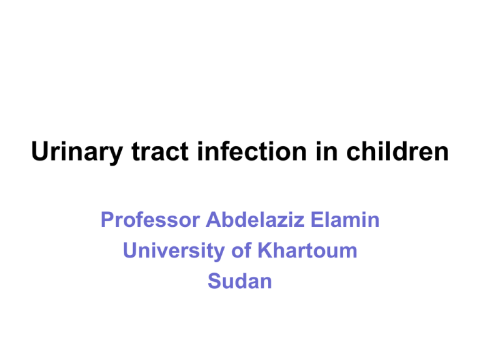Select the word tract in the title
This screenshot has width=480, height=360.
tap(160, 151)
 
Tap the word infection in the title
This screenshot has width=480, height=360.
tap(252, 151)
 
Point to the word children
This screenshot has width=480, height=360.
tap(397, 151)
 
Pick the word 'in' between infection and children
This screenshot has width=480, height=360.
tap(327, 151)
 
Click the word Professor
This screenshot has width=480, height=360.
tap(150, 220)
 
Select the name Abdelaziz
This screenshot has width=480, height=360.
tap(255, 219)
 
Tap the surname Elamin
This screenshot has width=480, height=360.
tap(345, 219)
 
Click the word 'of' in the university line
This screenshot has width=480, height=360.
tap(241, 250)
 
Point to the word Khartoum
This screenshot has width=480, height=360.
tap(307, 250)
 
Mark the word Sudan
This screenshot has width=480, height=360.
tap(240, 281)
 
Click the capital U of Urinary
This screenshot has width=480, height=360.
tap(41, 151)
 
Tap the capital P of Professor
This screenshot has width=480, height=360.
tap(107, 220)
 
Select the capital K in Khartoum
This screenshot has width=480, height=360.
tap(266, 251)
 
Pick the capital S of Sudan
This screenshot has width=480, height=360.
tap(214, 281)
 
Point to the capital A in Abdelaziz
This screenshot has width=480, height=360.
tap(214, 220)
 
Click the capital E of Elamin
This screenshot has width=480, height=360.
tap(317, 220)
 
